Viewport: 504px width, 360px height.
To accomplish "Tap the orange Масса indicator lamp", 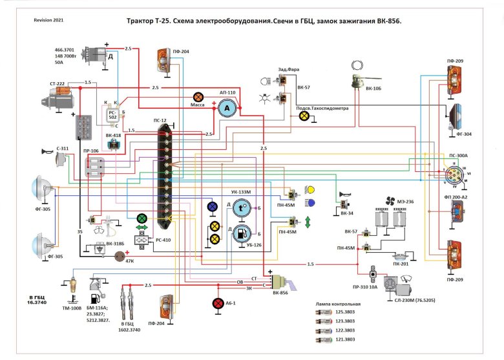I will coord(198,95).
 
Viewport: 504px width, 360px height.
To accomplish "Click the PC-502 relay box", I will coord(113,114).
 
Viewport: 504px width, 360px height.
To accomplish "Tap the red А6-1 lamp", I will coord(218,303).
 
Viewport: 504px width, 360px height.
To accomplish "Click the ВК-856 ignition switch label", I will coord(280,293).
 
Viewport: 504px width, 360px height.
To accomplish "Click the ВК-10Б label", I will coord(374,88).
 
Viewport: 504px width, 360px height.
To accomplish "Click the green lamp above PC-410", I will coord(142,218).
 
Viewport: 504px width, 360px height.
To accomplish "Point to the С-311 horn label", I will coord(63,148).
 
